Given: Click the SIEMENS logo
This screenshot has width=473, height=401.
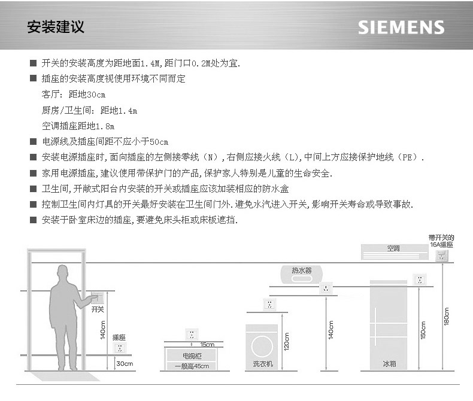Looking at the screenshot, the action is [401, 28].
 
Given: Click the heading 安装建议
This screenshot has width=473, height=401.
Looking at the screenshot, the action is [55, 27].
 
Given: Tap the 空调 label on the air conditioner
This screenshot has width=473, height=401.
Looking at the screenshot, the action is [393, 248].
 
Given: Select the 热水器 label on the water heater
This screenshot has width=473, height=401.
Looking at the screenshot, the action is [301, 271].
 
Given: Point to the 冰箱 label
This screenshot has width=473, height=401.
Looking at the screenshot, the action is [390, 363].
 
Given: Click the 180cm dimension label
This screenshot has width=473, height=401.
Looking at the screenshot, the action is [447, 318].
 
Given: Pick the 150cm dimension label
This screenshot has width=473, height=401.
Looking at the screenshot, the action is [423, 329].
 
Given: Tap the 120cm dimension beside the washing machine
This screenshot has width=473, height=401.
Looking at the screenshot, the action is [287, 342].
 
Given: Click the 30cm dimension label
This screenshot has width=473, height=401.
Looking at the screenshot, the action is [124, 364].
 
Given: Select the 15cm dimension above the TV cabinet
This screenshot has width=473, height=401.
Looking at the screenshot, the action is [207, 344].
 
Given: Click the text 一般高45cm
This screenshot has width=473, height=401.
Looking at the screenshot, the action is [192, 366].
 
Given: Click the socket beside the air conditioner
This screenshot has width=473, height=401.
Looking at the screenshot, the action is [443, 257].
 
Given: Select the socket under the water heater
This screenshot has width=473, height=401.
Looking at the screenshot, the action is [326, 290].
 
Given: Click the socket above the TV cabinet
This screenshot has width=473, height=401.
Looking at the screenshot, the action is [192, 334].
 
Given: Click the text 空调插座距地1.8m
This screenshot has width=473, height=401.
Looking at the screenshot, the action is [78, 126].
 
